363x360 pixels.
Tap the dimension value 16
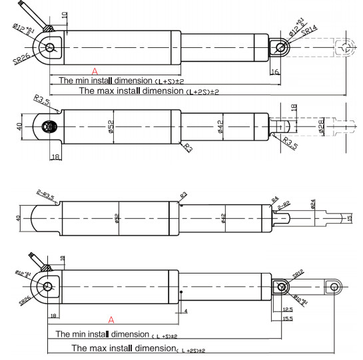[x=275, y=71]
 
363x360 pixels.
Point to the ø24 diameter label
[x=312, y=205]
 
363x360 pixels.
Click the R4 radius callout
[x=274, y=198]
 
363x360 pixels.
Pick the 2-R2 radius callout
[x=282, y=207]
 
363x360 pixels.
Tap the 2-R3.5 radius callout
[x=46, y=194]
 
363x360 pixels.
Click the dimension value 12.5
[x=287, y=309]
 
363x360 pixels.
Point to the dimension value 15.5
[x=287, y=320]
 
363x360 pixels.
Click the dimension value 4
[x=186, y=310]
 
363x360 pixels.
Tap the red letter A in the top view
[x=95, y=70]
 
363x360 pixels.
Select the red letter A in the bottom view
[x=111, y=319]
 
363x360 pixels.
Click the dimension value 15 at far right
[x=349, y=219]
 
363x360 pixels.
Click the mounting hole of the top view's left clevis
[x=49, y=47]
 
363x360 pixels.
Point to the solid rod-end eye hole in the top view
[x=281, y=47]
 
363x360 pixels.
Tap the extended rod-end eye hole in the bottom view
[x=334, y=286]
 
